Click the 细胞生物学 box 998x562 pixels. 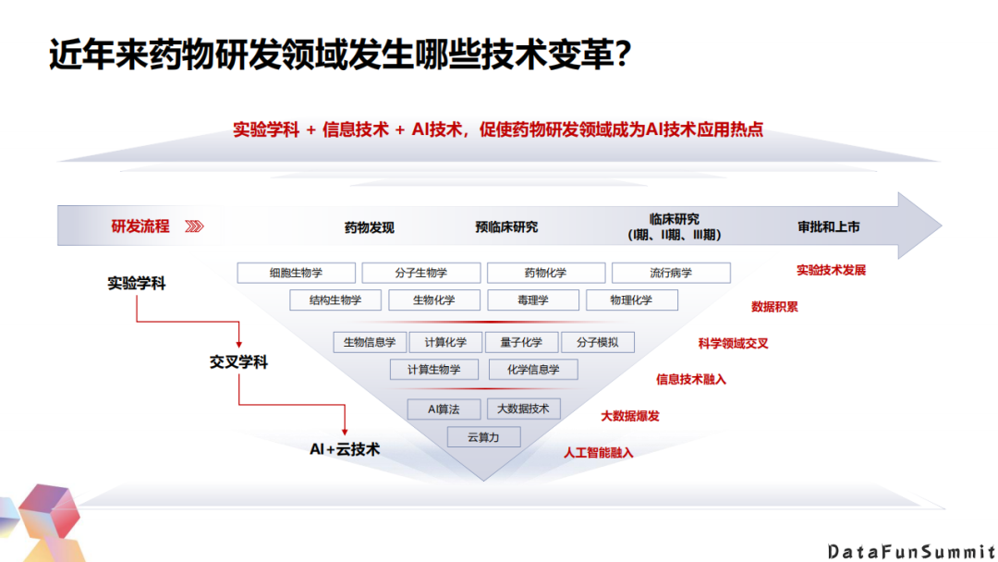click(297, 273)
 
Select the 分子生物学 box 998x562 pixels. click(421, 273)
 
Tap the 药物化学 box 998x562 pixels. click(546, 273)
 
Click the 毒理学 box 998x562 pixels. click(532, 299)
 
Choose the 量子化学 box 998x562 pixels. click(521, 342)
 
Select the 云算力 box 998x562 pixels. click(483, 437)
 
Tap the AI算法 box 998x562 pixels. click(444, 409)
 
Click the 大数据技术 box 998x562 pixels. click(523, 409)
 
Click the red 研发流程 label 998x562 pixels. click(140, 226)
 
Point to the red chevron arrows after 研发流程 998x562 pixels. click(194, 226)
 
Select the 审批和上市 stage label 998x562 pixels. click(829, 226)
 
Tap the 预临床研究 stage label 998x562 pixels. click(506, 226)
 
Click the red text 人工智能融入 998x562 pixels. click(599, 453)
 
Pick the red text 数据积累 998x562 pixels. click(774, 306)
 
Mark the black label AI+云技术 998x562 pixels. click(345, 449)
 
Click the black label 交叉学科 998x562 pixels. click(238, 362)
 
